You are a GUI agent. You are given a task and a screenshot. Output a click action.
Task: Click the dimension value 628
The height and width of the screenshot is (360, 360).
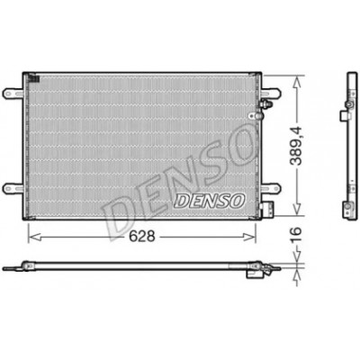[x=142, y=237]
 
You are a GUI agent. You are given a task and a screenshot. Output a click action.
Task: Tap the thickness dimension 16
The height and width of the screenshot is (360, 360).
[x=295, y=235]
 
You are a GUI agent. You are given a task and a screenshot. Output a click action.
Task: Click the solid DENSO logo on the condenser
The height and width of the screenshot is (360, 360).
[x=210, y=201]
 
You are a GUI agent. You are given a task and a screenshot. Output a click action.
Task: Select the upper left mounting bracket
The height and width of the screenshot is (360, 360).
[x=13, y=93]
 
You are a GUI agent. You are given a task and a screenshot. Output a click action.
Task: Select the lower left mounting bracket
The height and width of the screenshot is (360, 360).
[x=13, y=188]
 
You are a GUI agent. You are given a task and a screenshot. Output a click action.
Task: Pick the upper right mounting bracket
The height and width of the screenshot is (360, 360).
[x=271, y=93]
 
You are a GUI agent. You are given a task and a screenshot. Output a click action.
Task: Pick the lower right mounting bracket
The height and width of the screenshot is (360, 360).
[x=271, y=188]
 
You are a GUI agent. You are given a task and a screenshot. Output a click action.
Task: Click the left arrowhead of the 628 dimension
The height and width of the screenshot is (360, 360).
[x=33, y=237]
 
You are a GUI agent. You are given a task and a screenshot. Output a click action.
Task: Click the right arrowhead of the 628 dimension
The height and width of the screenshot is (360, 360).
[x=249, y=237]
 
